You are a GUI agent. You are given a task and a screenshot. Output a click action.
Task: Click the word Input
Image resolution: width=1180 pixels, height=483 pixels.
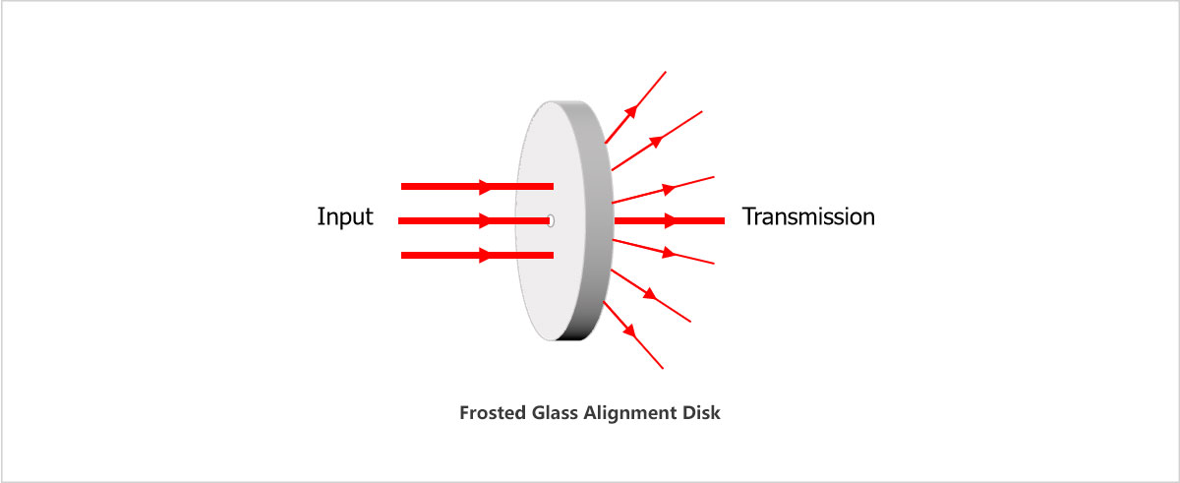(345, 217)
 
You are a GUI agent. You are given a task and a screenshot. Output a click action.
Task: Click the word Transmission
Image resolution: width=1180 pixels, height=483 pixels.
(808, 216)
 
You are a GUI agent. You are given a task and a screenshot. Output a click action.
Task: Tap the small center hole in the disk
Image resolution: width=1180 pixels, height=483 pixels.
(551, 221)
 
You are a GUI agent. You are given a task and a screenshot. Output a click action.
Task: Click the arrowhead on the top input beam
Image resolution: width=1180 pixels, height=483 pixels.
(485, 186)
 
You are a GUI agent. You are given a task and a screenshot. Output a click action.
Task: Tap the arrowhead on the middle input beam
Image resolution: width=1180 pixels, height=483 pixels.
(485, 221)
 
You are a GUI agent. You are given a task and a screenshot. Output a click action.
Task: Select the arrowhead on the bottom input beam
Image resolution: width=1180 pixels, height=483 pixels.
(485, 256)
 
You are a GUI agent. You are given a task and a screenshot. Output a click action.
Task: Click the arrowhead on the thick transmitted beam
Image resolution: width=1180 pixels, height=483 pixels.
(670, 220)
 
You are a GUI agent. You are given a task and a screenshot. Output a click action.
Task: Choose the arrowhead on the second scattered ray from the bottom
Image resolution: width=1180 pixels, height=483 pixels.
(649, 293)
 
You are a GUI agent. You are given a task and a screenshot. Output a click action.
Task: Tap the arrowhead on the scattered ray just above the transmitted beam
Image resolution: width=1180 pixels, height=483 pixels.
(669, 188)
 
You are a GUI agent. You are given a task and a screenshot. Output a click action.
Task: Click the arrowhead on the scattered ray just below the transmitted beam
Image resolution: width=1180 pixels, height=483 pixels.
(669, 252)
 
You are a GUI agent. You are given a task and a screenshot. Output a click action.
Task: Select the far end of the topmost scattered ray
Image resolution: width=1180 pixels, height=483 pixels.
(667, 71)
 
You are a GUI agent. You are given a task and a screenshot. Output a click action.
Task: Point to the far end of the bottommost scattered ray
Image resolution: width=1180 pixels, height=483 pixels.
(664, 369)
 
